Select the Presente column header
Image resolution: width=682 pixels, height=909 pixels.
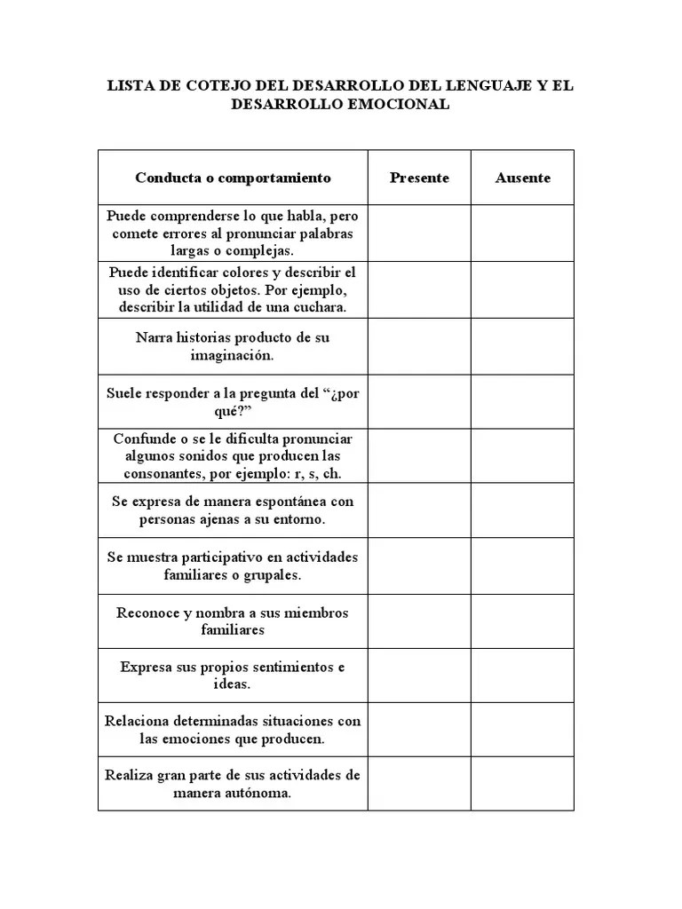click(419, 178)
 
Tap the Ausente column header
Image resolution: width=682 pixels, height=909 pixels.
click(522, 178)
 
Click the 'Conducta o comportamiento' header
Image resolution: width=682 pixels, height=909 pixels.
click(233, 178)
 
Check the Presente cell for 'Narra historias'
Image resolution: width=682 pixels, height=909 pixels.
click(419, 346)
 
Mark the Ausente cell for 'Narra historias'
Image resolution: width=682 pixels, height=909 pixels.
click(522, 346)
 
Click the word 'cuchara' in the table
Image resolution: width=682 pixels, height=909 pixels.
click(319, 306)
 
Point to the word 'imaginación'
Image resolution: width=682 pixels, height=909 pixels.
click(233, 355)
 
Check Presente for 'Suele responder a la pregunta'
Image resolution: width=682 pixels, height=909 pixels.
click(419, 401)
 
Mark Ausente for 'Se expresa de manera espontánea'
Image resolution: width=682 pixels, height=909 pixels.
click(522, 510)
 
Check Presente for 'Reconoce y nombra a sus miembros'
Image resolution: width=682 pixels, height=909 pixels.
click(419, 620)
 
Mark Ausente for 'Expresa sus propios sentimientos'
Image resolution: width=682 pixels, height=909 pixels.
click(522, 676)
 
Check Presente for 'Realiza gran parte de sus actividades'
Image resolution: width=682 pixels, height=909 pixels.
click(419, 784)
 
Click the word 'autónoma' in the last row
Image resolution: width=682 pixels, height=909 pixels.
click(261, 793)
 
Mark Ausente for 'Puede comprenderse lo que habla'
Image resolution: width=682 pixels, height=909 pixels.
click(522, 233)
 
